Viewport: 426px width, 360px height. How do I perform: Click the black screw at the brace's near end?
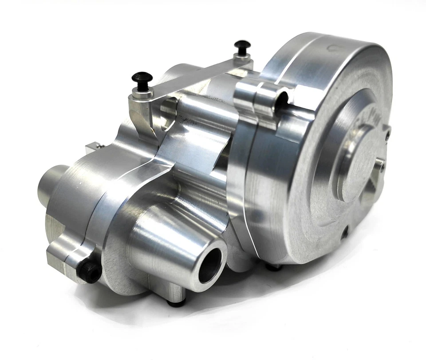tap(142, 79)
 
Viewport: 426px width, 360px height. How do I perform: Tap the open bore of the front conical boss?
tap(209, 265)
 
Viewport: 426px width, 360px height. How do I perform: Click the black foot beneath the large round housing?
tap(272, 267)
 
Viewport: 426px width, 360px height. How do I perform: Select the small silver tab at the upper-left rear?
tap(95, 146)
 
